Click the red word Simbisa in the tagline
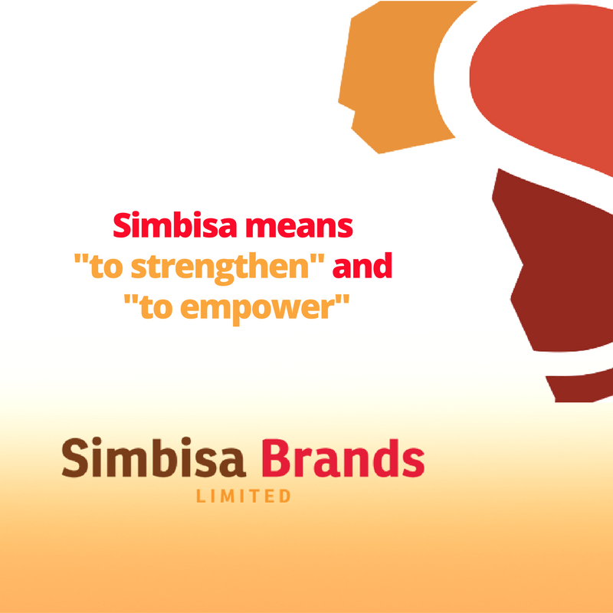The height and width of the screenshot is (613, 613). (175, 225)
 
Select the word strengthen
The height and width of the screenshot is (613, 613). (220, 267)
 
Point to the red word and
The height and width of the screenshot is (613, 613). (362, 265)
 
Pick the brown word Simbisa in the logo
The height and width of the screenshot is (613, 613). (154, 457)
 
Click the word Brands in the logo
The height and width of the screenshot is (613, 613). (343, 457)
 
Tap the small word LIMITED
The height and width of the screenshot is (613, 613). (243, 496)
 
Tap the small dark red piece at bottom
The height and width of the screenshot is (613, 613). (579, 387)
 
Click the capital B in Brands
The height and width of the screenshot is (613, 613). (277, 457)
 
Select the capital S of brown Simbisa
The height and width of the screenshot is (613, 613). (74, 457)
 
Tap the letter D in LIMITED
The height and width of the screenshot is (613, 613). (285, 496)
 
